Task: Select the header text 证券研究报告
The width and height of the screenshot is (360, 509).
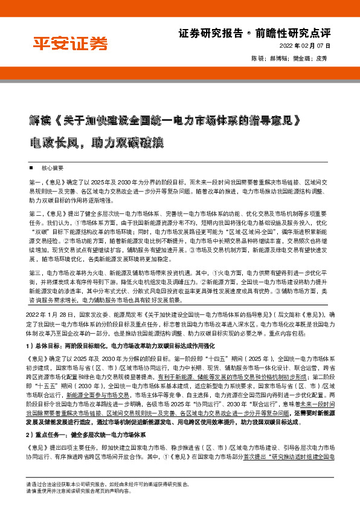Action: (x=211, y=33)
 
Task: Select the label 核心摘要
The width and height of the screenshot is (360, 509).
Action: (x=53, y=167)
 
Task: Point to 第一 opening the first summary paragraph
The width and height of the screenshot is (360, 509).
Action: (x=36, y=182)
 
